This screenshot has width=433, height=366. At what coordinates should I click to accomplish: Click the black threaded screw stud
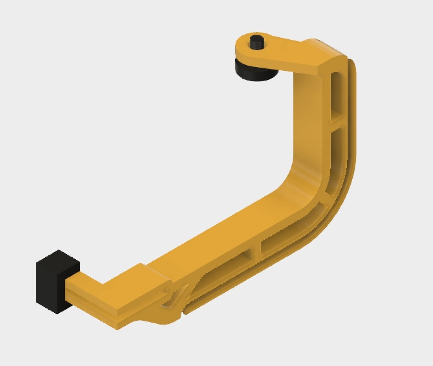point(256,42)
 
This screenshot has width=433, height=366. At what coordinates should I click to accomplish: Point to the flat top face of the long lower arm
point(220,237)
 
